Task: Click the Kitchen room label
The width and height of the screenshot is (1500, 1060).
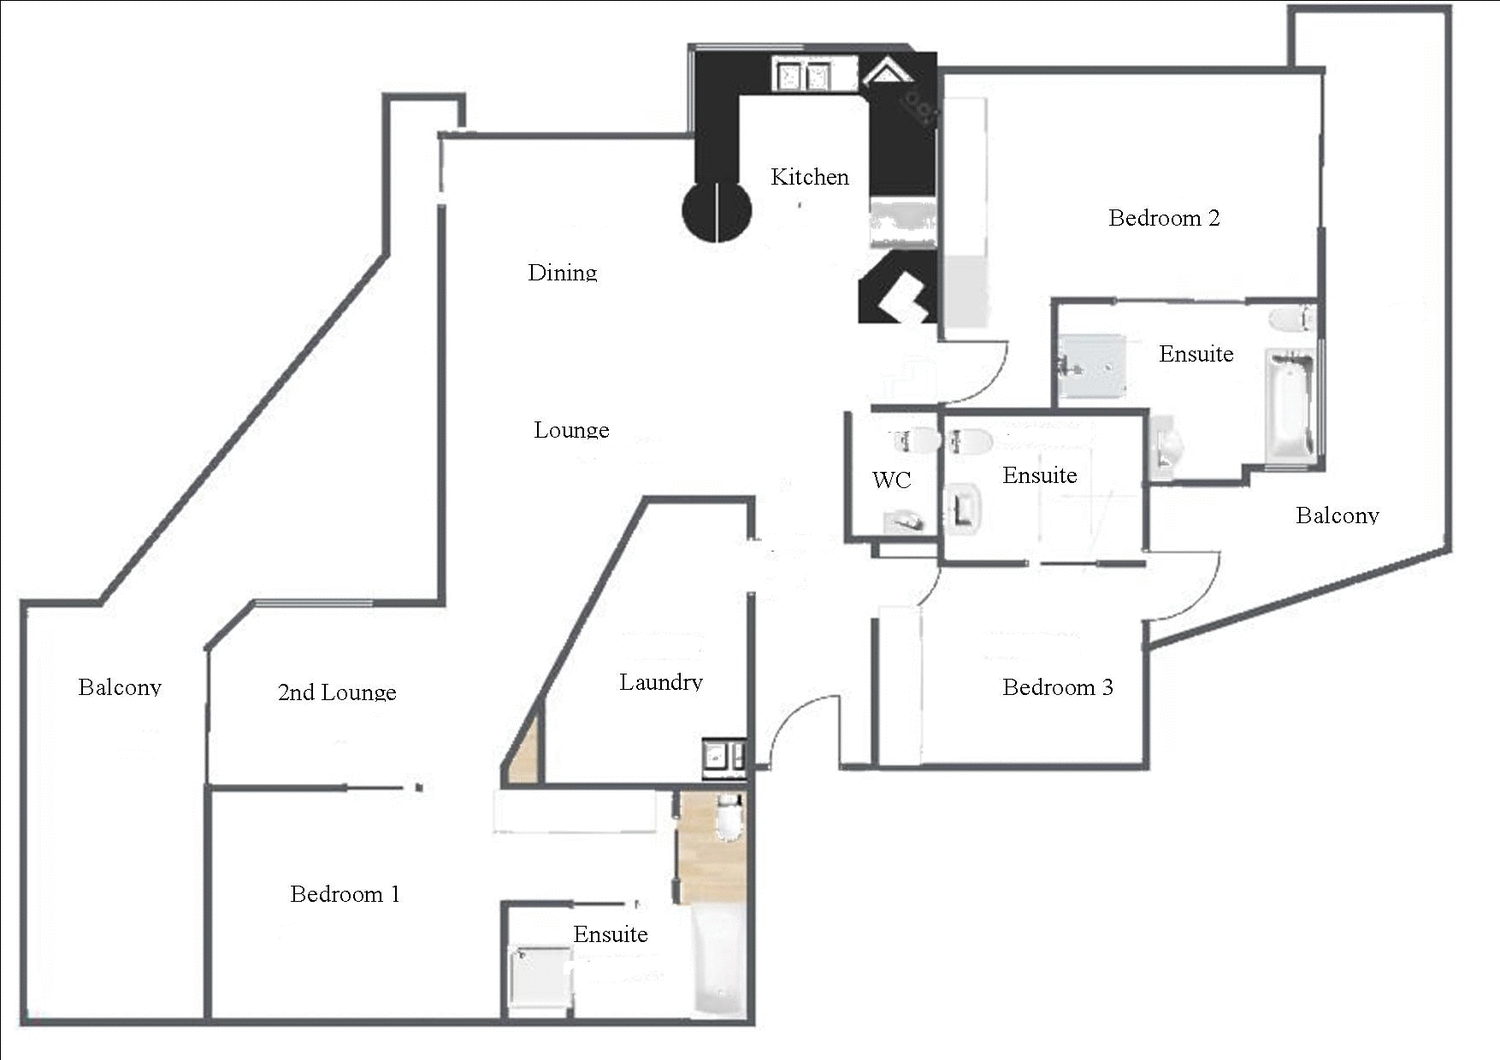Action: (x=809, y=177)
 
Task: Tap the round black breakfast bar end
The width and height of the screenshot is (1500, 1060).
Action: (x=716, y=211)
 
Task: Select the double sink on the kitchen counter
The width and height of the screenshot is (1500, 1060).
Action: (x=805, y=76)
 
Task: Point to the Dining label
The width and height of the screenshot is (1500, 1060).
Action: (x=562, y=272)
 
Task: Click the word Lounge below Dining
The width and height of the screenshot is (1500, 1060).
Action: (x=571, y=430)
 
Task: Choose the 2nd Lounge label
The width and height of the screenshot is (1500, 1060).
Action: (x=337, y=692)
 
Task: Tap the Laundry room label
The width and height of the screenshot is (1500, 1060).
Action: (x=660, y=682)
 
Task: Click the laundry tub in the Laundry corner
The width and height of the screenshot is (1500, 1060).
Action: (x=723, y=756)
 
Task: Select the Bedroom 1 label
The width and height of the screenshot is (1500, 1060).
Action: (x=345, y=894)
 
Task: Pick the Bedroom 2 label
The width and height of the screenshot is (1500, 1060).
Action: (x=1164, y=218)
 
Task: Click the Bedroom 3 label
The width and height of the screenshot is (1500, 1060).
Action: (x=1057, y=687)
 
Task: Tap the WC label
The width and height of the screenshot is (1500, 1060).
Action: (x=891, y=480)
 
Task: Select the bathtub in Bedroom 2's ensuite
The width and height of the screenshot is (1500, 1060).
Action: (x=1289, y=407)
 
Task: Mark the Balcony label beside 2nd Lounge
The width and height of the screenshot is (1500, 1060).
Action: (x=120, y=687)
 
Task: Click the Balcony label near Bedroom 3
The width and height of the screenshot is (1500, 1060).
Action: (x=1337, y=515)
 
